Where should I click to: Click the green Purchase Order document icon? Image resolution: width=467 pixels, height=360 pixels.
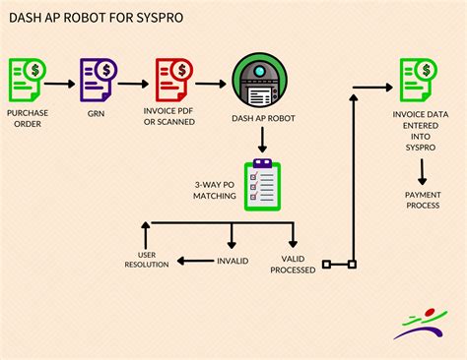pyautogui.click(x=27, y=81)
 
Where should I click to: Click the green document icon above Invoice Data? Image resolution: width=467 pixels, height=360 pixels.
pyautogui.click(x=416, y=81)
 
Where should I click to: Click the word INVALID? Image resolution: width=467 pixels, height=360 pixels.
pyautogui.click(x=233, y=262)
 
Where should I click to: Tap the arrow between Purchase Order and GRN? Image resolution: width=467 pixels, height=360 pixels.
pyautogui.click(x=62, y=84)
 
